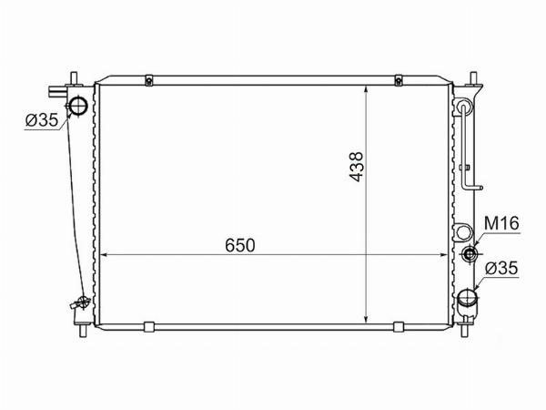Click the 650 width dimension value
240,245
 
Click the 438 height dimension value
356,167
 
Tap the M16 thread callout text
501,223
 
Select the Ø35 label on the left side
42,120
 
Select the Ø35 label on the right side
501,269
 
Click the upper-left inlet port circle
78,106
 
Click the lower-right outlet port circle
467,298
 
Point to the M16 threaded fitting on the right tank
470,253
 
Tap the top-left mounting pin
74,78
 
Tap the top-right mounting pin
473,78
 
